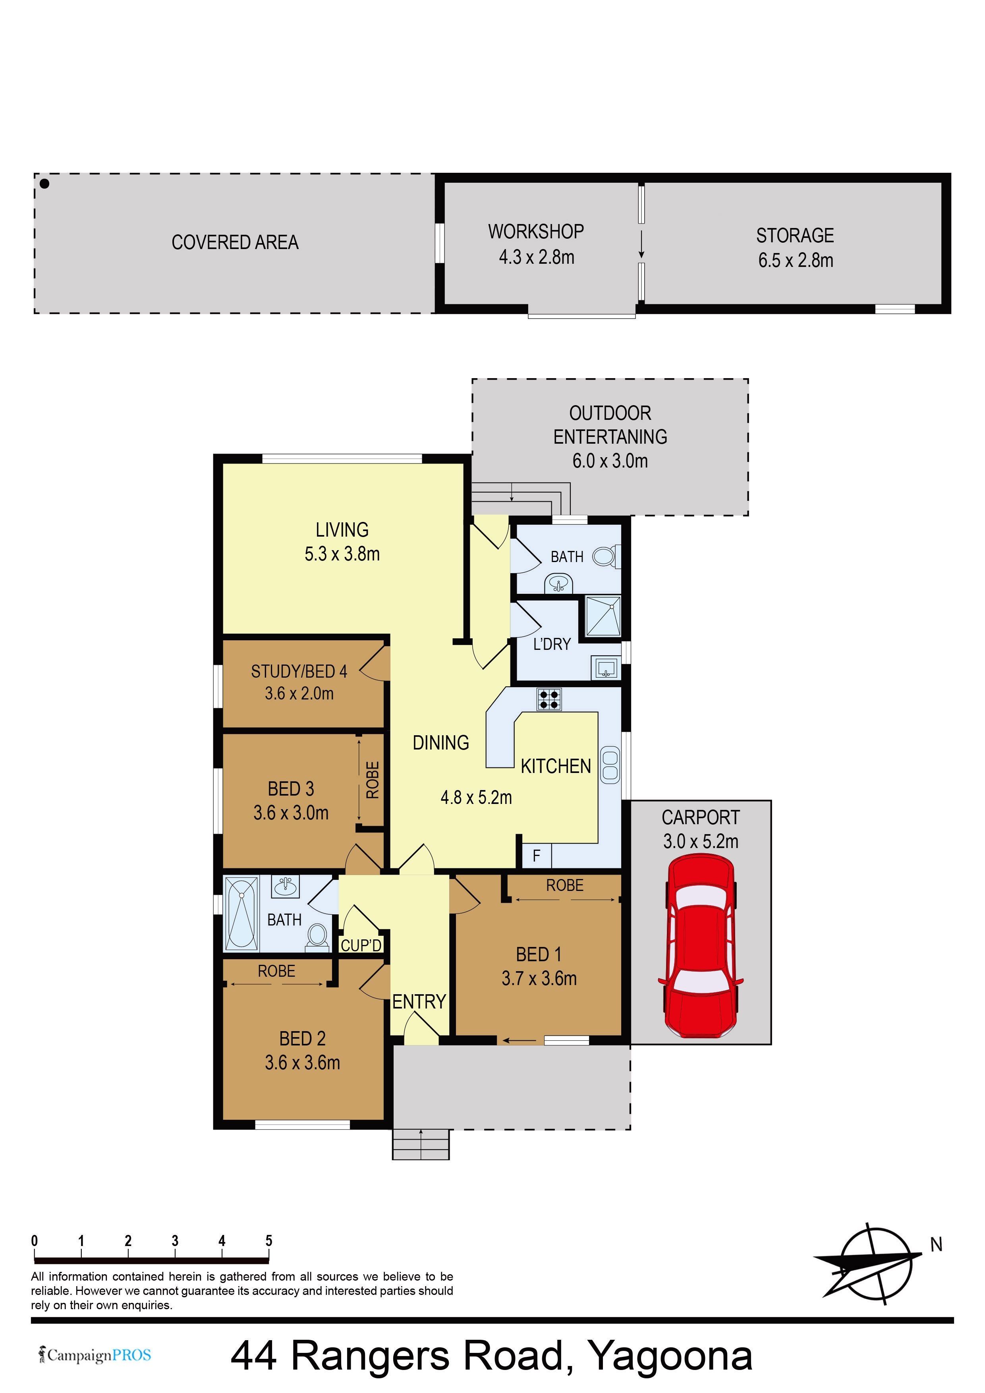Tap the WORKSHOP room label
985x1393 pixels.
tap(536, 232)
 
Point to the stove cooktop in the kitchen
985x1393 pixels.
tap(549, 699)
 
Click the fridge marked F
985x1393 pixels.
tap(537, 856)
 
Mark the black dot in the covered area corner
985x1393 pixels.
tap(44, 183)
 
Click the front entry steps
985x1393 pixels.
tap(421, 1144)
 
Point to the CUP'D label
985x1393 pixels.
tap(361, 946)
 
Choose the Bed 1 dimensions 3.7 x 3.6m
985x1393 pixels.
tap(539, 978)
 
